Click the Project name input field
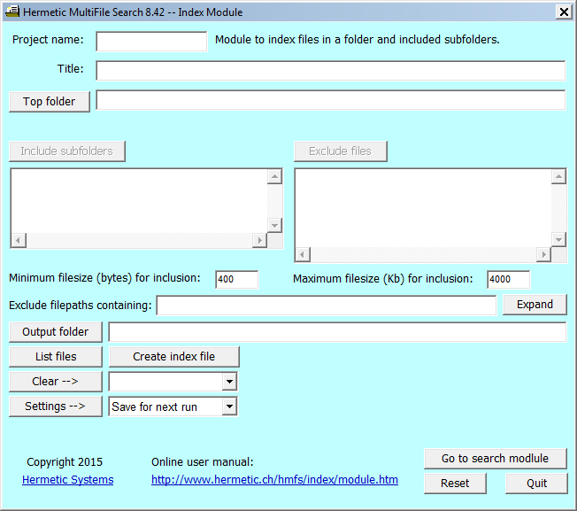(151, 42)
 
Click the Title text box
(330, 70)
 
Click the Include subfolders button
(67, 151)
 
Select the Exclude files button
(341, 151)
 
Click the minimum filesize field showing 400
(236, 280)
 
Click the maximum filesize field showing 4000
(508, 280)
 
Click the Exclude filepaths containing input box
(327, 306)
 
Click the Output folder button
(56, 332)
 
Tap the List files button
(56, 357)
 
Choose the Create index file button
(174, 357)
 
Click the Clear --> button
(56, 382)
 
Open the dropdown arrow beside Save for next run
(229, 406)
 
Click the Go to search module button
(496, 459)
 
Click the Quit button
(536, 484)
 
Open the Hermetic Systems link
(68, 480)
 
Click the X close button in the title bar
(564, 12)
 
